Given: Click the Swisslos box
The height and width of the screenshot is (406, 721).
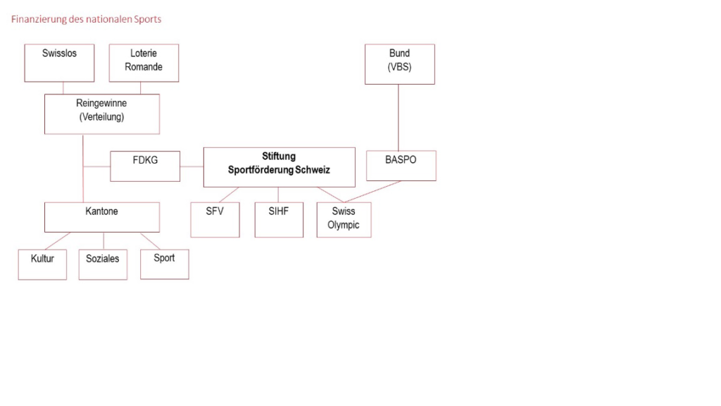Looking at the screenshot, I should tap(59, 63).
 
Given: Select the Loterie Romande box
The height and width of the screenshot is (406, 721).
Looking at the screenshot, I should tap(144, 63).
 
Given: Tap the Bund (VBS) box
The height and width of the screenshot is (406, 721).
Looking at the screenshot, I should tap(399, 64).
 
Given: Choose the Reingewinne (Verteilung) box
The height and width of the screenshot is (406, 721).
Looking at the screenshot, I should tap(101, 113).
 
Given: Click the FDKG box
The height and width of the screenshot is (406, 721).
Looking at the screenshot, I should tap(145, 166).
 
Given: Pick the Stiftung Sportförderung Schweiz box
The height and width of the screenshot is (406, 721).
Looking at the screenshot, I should tap(279, 167).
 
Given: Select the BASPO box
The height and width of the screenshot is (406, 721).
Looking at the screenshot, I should tap(401, 166).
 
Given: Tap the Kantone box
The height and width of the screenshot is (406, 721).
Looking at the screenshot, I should tap(101, 217).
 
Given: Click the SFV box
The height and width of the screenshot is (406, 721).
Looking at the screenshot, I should tap(215, 220).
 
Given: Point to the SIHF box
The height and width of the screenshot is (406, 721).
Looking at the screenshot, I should tap(279, 220).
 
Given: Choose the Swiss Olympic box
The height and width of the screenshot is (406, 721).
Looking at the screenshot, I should tap(344, 220).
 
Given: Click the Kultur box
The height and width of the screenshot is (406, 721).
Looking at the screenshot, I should tap(42, 264).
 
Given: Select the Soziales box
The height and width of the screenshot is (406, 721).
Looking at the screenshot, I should tap(103, 264).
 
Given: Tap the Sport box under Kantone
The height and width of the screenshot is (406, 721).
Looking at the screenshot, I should tap(164, 264).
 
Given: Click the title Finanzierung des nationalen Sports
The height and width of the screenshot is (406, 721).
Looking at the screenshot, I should tap(86, 19).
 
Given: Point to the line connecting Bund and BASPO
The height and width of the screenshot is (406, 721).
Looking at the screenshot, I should tap(399, 117).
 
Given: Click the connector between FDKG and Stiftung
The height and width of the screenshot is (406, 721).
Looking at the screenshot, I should tap(192, 166).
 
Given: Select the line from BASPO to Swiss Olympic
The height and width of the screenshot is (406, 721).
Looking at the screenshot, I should tap(373, 192).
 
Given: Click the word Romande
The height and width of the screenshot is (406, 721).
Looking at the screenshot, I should tap(144, 67).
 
